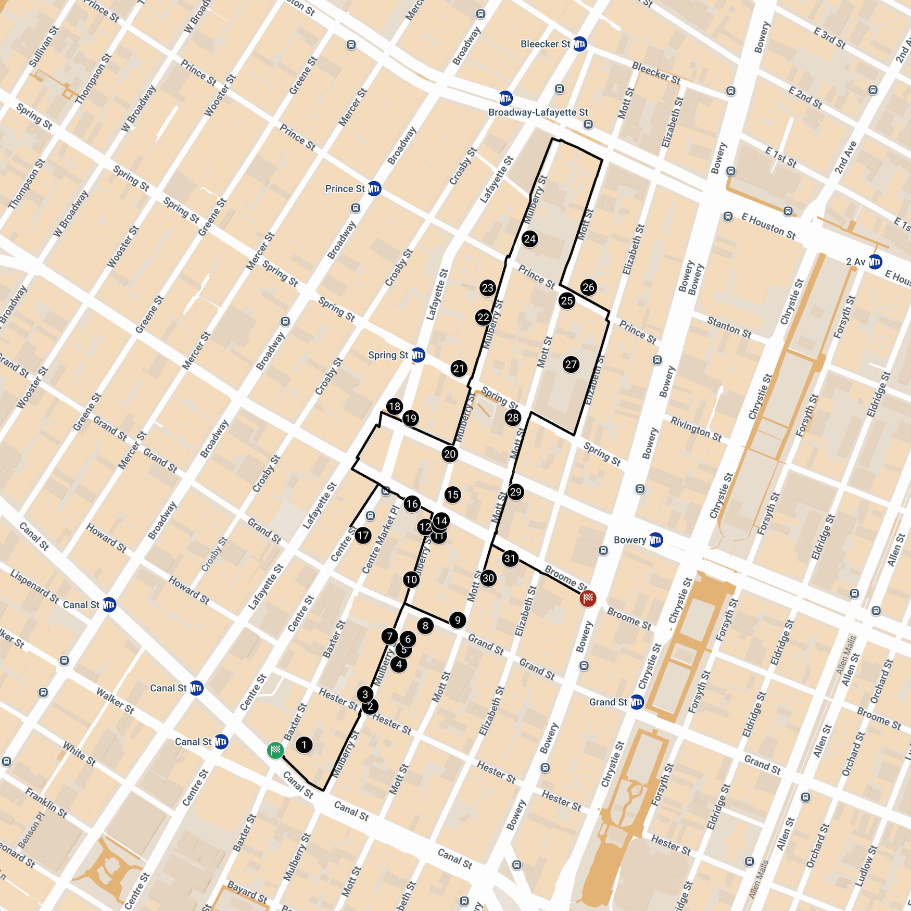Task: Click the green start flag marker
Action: (275, 750)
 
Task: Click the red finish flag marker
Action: (588, 599)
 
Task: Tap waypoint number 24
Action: (530, 239)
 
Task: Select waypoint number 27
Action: (571, 364)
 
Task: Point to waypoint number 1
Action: (304, 744)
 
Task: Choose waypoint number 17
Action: (363, 535)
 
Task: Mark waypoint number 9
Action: (458, 620)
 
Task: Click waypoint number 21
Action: (459, 369)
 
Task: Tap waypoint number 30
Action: (488, 578)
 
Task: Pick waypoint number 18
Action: (395, 406)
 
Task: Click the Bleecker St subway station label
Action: (546, 44)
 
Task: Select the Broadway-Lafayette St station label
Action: (538, 112)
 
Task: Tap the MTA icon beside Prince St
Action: (374, 188)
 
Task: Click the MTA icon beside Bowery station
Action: (656, 540)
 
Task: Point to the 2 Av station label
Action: (856, 261)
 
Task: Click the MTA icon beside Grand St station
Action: (637, 702)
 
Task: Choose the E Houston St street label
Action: (768, 227)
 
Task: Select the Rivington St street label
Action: (695, 429)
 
